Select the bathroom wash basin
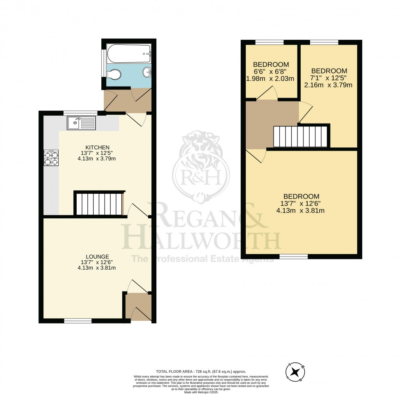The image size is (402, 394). click(147, 73)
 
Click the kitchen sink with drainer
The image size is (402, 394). click(82, 122)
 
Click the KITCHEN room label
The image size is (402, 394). click(97, 147)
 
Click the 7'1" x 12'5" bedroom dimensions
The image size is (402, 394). click(329, 82)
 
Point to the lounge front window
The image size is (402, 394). click(78, 321)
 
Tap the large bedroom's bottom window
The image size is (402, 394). click(294, 257)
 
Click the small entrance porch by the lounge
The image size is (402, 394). click(138, 307)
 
